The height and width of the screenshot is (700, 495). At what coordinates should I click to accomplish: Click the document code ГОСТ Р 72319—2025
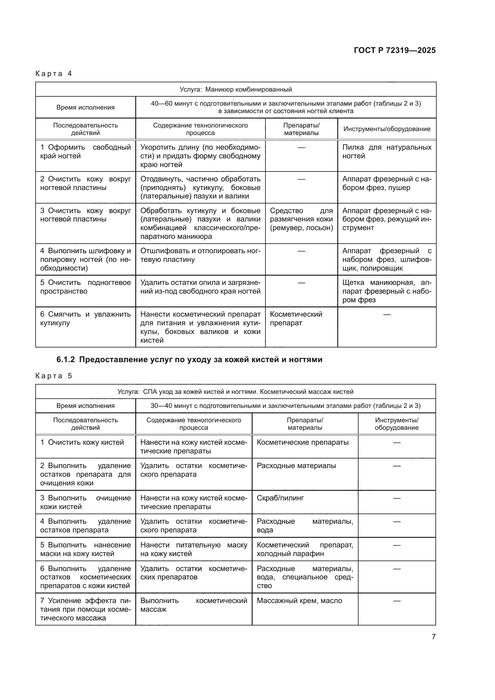(x=394, y=50)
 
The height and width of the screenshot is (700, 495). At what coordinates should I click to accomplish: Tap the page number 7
(x=433, y=637)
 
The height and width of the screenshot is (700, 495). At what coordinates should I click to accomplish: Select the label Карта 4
(x=54, y=74)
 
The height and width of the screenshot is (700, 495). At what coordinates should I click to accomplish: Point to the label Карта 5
(x=54, y=376)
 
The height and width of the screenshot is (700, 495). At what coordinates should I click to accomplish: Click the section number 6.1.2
(x=66, y=360)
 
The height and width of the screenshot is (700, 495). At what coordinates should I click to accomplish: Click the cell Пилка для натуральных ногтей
(x=386, y=152)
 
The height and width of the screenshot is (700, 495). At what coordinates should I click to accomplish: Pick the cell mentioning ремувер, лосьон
(x=301, y=219)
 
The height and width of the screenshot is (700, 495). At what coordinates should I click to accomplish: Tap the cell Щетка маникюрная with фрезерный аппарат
(x=386, y=291)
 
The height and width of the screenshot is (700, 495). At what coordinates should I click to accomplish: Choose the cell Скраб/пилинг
(x=280, y=498)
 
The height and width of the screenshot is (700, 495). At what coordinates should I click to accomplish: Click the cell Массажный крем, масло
(x=299, y=601)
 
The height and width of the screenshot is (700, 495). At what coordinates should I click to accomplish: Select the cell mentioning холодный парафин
(x=305, y=549)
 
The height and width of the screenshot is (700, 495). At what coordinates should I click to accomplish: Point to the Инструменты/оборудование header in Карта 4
(x=386, y=129)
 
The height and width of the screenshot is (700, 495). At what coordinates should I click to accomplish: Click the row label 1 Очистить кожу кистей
(x=82, y=442)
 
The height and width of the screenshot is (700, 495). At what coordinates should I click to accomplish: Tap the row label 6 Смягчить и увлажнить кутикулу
(x=85, y=319)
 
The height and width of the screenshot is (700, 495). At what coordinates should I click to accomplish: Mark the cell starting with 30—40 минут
(x=285, y=406)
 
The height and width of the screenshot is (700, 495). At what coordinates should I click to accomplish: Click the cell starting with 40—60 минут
(x=286, y=107)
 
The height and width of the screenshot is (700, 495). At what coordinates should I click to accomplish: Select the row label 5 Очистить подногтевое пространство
(x=85, y=287)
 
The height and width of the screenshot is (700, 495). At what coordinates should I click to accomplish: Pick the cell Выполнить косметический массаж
(x=194, y=605)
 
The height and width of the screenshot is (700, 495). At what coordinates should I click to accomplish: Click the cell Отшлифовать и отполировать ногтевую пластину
(x=200, y=255)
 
